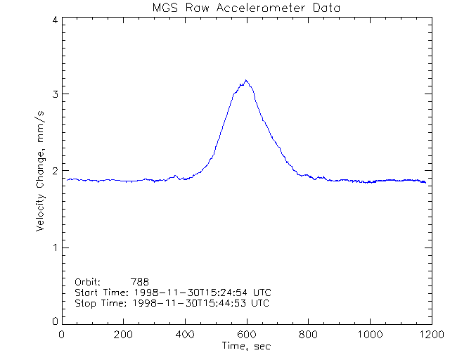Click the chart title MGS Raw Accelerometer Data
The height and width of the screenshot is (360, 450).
[x=245, y=8]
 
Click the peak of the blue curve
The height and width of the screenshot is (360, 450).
[x=245, y=81]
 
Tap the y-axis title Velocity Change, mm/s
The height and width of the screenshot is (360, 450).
[x=41, y=170]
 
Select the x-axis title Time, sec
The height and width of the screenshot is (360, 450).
[x=245, y=346]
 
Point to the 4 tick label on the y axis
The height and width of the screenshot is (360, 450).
[x=54, y=20]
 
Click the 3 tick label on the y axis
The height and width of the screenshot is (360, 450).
[x=54, y=94]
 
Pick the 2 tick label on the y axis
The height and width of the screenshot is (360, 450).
[x=54, y=171]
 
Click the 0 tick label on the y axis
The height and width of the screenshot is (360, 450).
[x=54, y=321]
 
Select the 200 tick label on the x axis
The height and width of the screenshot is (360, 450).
[x=123, y=335]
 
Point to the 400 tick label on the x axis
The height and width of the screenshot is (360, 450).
[x=185, y=335]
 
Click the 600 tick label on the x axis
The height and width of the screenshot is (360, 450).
[x=246, y=335]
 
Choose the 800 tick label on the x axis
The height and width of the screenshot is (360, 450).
[x=307, y=335]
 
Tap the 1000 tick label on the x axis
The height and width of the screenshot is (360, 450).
[x=368, y=335]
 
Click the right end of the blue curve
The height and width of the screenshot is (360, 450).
[x=425, y=183]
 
